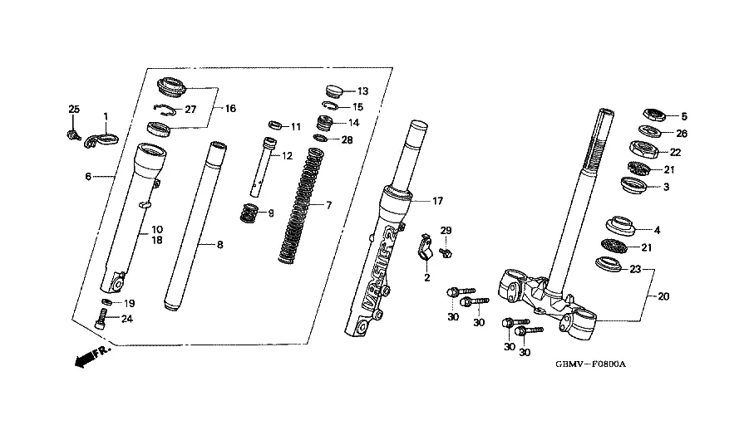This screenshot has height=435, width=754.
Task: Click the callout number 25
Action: pyautogui.click(x=74, y=110)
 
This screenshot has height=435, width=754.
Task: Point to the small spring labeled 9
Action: pyautogui.click(x=249, y=213)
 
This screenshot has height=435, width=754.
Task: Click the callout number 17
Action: pyautogui.click(x=437, y=201)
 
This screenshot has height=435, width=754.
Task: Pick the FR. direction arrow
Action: pyautogui.click(x=92, y=356)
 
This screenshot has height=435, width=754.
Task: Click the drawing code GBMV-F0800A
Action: pyautogui.click(x=591, y=364)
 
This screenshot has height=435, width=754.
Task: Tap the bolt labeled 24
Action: pyautogui.click(x=101, y=319)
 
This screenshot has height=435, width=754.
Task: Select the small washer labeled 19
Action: pyautogui.click(x=106, y=302)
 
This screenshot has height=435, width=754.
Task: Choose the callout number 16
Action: pyautogui.click(x=231, y=109)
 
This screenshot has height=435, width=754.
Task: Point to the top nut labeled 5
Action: pyautogui.click(x=654, y=115)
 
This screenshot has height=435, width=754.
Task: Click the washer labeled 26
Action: pyautogui.click(x=649, y=130)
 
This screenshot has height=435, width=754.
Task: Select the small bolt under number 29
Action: pyautogui.click(x=446, y=252)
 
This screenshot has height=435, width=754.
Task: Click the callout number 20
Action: pyautogui.click(x=663, y=296)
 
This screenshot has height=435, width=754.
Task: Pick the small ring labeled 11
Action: pyautogui.click(x=274, y=125)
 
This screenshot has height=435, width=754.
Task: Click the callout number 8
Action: pyautogui.click(x=219, y=245)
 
